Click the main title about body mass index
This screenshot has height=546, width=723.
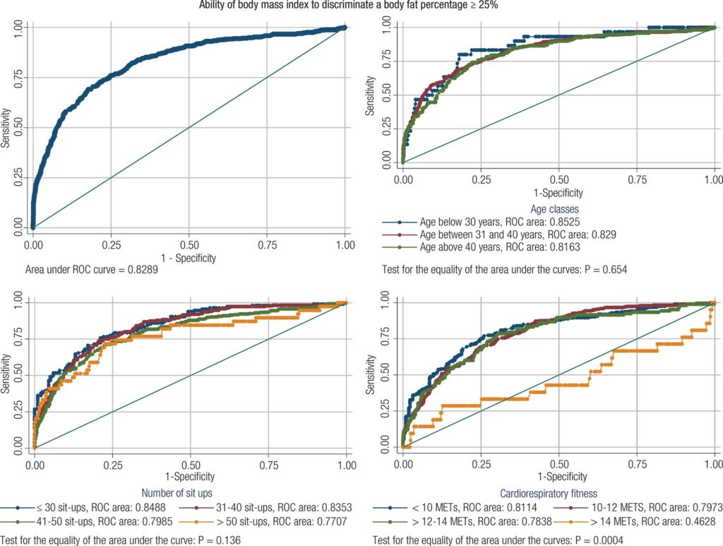click(361, 6)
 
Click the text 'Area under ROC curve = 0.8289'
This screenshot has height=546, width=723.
click(92, 270)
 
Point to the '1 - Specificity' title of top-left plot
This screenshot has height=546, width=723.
click(190, 258)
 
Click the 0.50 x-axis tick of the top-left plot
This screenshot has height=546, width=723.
click(189, 244)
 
